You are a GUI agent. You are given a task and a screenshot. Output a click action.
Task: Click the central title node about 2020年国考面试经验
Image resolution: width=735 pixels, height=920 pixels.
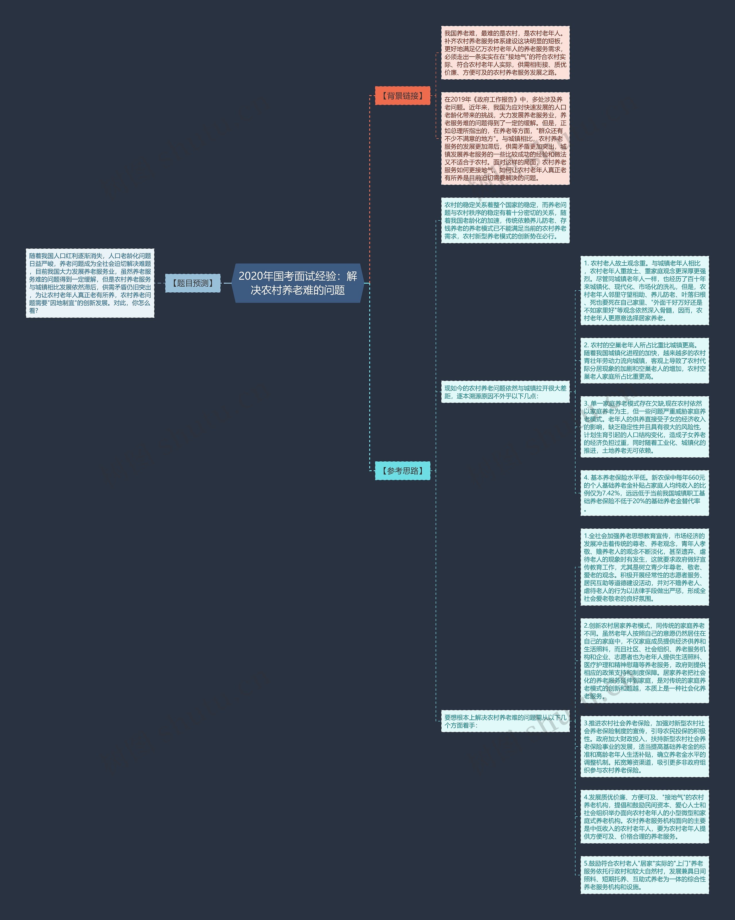tap(297, 283)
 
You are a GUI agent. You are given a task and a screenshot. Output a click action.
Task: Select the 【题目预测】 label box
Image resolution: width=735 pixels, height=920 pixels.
tap(193, 283)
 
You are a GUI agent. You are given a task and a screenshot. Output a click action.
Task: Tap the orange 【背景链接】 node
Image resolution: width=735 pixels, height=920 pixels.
tap(402, 96)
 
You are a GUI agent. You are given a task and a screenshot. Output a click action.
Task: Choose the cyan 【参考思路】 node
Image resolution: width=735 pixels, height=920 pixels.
tap(402, 471)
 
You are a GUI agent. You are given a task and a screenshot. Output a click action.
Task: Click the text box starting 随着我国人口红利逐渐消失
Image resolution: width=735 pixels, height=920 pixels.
tap(90, 283)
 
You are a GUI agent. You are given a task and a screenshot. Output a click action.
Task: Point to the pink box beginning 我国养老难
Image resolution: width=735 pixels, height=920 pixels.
tap(505, 53)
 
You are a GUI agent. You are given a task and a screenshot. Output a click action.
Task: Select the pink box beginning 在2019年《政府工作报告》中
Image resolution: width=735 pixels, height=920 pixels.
tap(505, 138)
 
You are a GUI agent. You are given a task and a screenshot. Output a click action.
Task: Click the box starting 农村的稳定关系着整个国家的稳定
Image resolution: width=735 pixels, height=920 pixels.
tap(505, 220)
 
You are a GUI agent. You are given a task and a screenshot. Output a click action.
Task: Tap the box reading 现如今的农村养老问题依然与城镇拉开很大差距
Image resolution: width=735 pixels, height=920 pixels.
tap(505, 392)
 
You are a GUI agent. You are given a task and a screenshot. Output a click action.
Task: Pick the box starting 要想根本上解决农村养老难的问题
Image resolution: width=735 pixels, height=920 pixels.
tap(505, 721)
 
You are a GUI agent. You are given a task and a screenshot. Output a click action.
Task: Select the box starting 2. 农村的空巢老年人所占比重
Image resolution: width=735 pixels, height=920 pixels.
tap(644, 360)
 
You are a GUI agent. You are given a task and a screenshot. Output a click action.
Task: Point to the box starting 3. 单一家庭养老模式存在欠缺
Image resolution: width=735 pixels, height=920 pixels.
tap(644, 427)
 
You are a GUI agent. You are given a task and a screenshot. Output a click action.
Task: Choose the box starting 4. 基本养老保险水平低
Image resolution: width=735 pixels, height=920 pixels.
tap(644, 493)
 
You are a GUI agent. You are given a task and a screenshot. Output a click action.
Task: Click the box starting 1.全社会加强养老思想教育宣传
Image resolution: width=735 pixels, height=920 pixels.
tap(644, 567)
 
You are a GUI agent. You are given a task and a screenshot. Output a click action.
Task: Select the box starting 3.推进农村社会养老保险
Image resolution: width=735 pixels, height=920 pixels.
tap(644, 746)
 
